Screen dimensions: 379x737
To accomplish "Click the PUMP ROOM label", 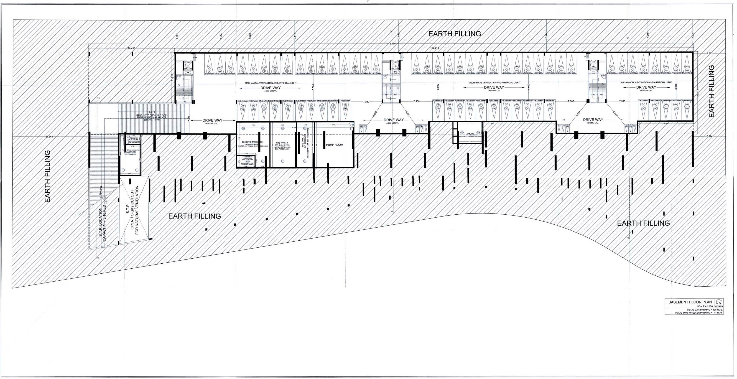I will pyautogui.click(x=334, y=145).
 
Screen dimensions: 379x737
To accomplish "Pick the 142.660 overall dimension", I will pyautogui.click(x=391, y=44).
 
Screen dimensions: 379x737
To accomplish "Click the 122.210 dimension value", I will pyautogui.click(x=434, y=48).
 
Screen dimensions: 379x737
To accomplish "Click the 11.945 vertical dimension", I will pyautogui.click(x=172, y=78).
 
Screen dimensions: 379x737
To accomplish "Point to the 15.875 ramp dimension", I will pyautogui.click(x=152, y=112).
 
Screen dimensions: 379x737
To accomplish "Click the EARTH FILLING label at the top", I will pyautogui.click(x=454, y=34).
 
